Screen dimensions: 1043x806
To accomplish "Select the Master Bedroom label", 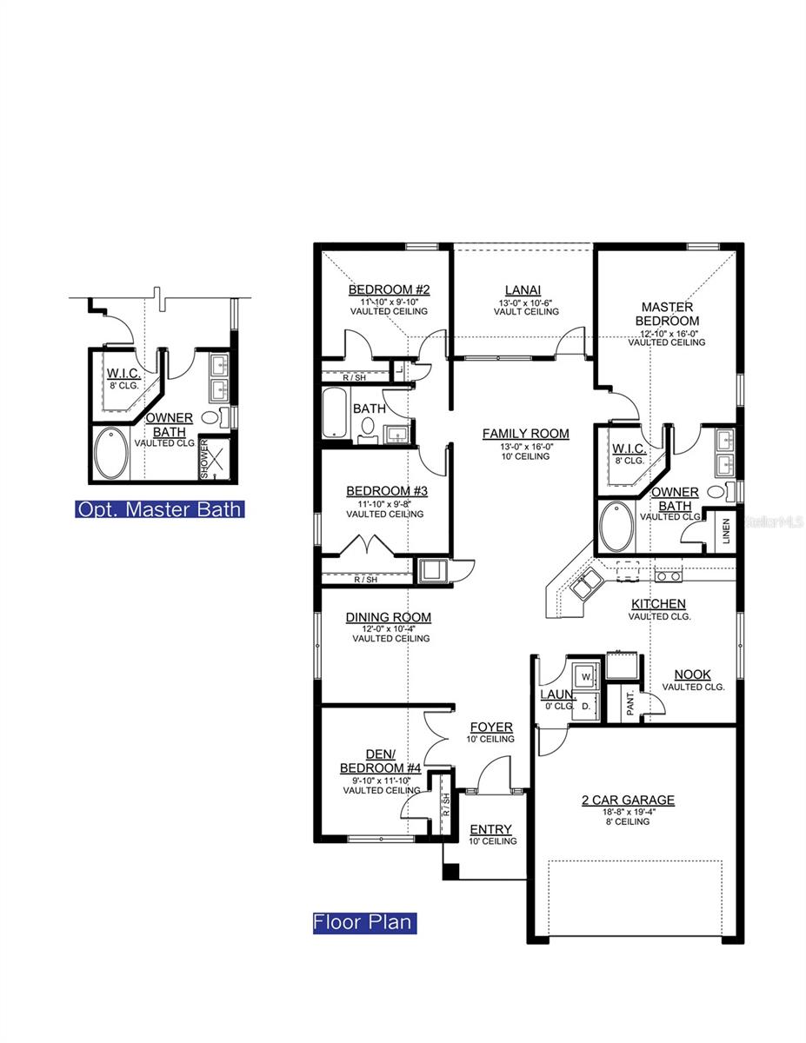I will pos(667,314).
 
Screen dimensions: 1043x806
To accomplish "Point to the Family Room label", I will pos(525,434).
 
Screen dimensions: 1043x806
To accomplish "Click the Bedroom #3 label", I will pos(385,490).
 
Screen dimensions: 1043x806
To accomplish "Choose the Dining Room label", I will pos(388,618).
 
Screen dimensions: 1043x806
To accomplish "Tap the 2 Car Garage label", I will pos(628,801).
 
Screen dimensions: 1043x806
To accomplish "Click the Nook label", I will pos(693,674).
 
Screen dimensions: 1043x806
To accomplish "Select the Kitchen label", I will pos(658,604).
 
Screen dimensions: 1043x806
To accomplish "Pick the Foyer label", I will pos(491,727).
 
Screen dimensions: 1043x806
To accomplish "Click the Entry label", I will pos(491,830).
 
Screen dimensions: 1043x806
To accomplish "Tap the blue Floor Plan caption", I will pos(364,922).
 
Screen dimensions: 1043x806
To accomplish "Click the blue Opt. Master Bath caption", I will pos(159,509).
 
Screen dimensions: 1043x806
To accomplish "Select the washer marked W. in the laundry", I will pos(586,675).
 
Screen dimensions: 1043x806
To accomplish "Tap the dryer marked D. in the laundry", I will pos(586,706).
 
